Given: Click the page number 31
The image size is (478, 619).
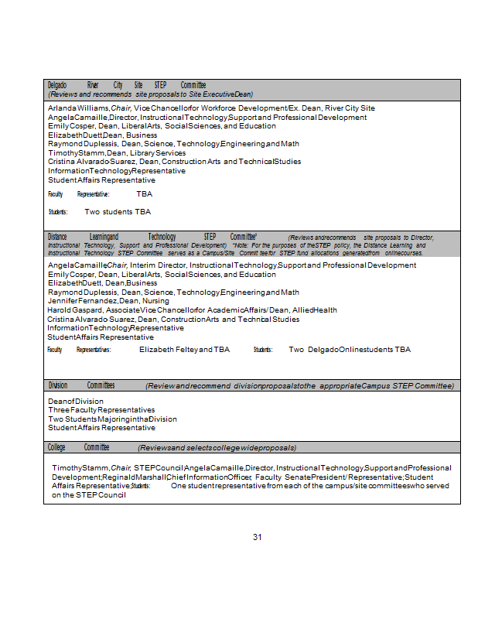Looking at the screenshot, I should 258,537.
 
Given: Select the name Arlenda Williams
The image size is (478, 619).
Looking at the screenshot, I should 78,108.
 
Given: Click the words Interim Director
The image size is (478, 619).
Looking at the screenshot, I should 158,265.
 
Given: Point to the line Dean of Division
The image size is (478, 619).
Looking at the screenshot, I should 75,401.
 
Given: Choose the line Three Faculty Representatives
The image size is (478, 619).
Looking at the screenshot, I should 101,410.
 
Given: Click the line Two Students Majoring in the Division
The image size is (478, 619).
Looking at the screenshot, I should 112,419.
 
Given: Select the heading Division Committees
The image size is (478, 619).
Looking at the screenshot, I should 81,385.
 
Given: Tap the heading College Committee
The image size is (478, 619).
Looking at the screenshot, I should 78,447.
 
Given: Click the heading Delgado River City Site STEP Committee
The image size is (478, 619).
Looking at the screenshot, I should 127,85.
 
